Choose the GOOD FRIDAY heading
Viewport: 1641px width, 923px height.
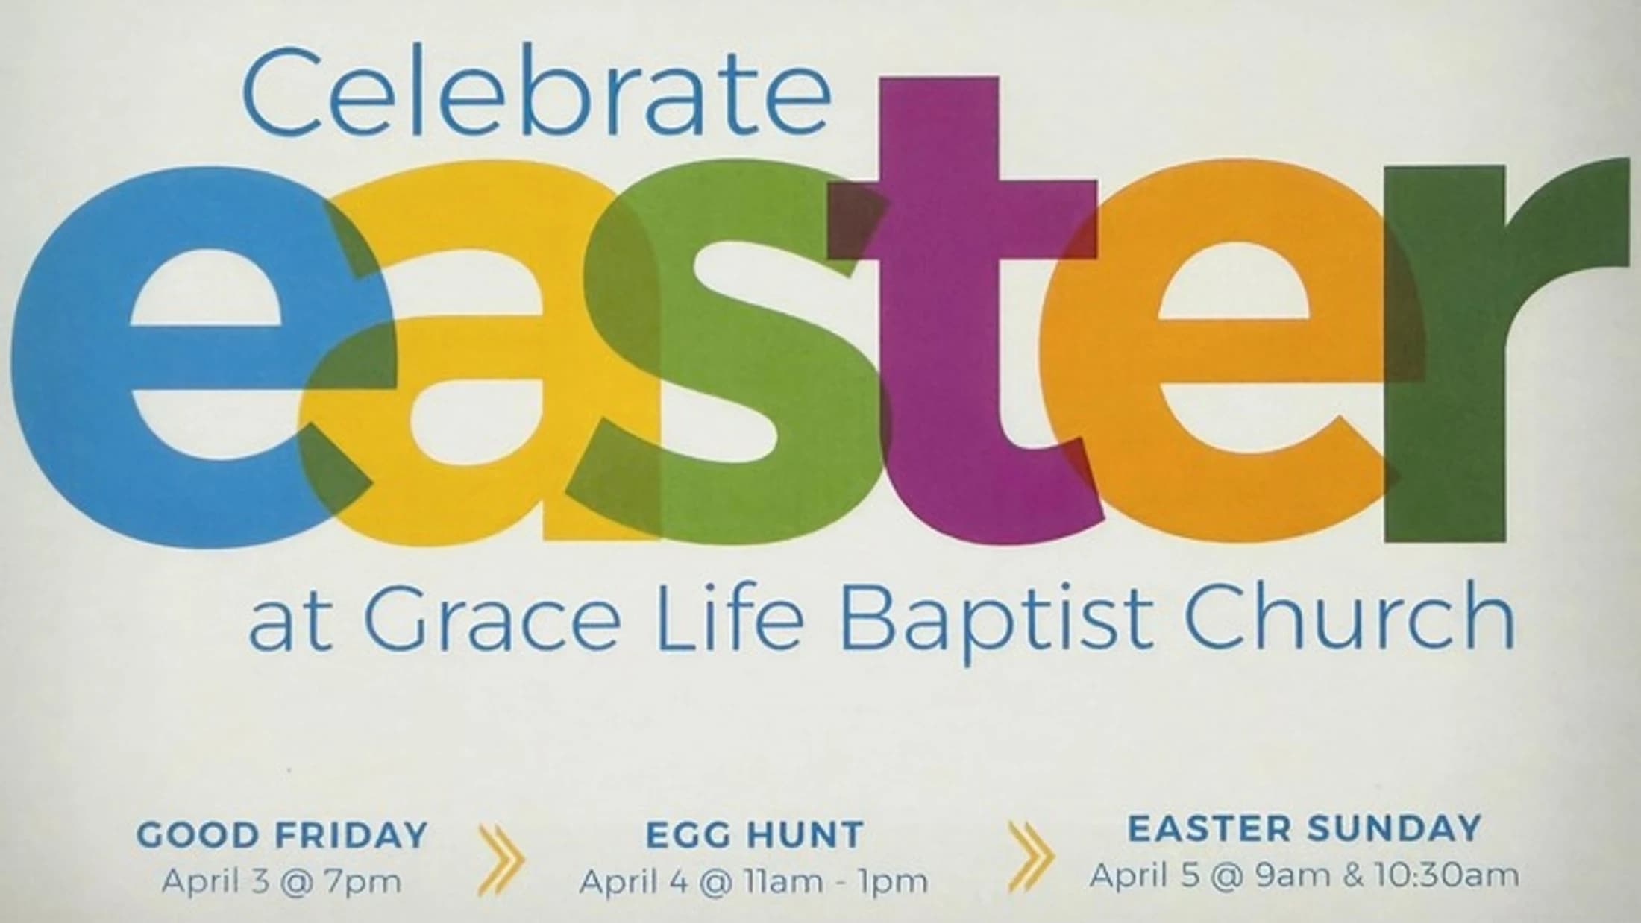[x=283, y=835]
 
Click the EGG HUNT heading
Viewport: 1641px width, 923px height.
[x=754, y=835]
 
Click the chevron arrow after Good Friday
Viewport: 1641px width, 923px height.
[x=501, y=859]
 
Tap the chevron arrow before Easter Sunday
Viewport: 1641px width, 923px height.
[x=1031, y=856]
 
